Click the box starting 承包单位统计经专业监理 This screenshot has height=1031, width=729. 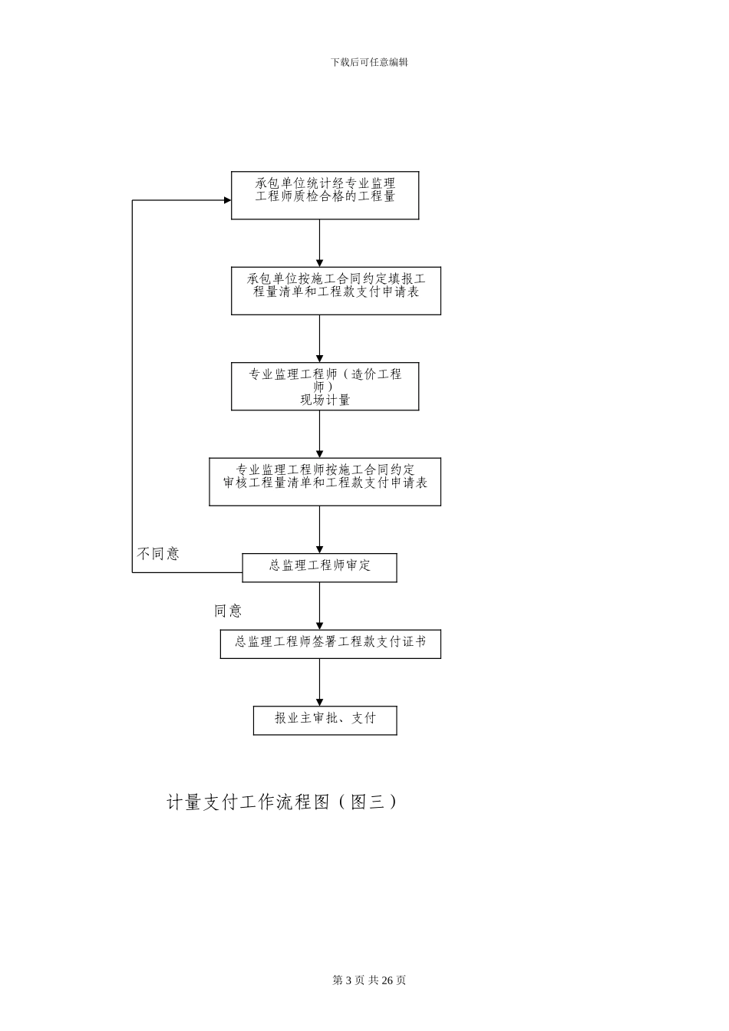point(325,195)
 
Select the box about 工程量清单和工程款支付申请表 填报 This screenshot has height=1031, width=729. point(335,291)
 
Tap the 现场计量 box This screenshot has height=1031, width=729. point(325,386)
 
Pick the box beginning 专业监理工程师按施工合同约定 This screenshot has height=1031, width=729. point(325,482)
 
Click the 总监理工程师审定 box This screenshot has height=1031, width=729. point(319,568)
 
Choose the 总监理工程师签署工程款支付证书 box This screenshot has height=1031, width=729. point(330,644)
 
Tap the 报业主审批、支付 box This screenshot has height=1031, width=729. point(325,720)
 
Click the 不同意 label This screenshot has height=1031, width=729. point(158,553)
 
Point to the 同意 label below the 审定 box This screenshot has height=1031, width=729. point(228,611)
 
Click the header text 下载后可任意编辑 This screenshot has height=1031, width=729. point(369,62)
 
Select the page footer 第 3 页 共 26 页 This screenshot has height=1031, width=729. point(369,980)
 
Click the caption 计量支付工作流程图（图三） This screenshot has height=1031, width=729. point(282,802)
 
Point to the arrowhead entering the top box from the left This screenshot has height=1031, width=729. point(227,200)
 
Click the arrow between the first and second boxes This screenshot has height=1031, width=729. point(319,243)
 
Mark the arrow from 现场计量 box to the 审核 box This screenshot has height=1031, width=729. point(319,434)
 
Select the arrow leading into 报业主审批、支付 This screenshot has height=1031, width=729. point(319,682)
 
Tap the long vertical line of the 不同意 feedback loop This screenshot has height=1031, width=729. point(133,384)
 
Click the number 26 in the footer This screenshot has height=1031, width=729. point(387,980)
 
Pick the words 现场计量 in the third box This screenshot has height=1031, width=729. point(325,400)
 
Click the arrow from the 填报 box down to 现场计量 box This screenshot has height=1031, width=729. point(319,338)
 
